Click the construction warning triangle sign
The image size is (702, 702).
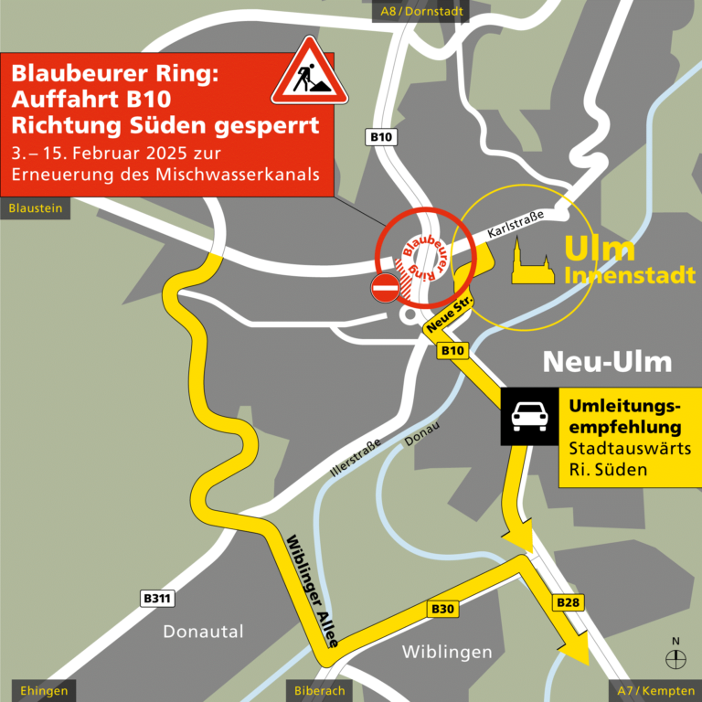(x=310, y=73)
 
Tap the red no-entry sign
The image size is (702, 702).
(x=385, y=288)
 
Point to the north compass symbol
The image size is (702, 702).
(x=675, y=655)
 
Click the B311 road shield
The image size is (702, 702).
(x=158, y=599)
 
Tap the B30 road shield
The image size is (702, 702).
(x=442, y=609)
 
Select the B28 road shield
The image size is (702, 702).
(x=568, y=602)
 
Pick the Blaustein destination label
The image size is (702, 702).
(x=36, y=208)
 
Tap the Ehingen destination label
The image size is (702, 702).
(x=38, y=691)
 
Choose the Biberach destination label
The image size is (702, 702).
(x=320, y=691)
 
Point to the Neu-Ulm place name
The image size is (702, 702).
(x=607, y=362)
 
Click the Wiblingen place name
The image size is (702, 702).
(x=447, y=652)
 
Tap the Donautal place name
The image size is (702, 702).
(x=203, y=632)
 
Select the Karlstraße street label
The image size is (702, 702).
(x=516, y=226)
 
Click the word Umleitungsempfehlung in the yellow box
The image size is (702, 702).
(x=625, y=416)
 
